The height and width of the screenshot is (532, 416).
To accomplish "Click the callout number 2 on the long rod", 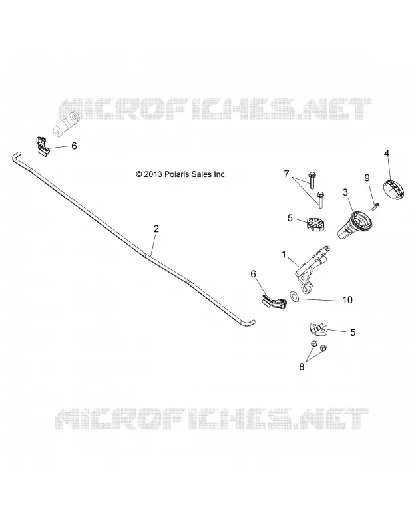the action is pos(156,229).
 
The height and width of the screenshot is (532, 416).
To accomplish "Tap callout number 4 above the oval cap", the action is pos(387,153).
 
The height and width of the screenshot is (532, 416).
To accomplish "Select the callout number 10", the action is pos(347,300).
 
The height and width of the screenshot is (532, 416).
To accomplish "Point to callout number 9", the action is pos(367,178).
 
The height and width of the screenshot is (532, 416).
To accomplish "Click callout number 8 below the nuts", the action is pos(302,367).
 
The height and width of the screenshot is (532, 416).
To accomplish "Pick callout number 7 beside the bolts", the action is pos(286,174).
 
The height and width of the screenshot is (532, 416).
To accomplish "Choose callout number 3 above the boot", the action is pos(345,192).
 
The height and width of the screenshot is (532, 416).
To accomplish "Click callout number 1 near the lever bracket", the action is pos(284,254).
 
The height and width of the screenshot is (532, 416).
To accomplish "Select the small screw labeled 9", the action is pos(375,206).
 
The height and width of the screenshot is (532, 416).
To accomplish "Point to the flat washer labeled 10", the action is pos(294,296).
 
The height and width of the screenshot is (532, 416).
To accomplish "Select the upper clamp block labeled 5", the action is pos(315,224).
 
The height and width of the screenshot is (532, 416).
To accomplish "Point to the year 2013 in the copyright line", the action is pos(154,174).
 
